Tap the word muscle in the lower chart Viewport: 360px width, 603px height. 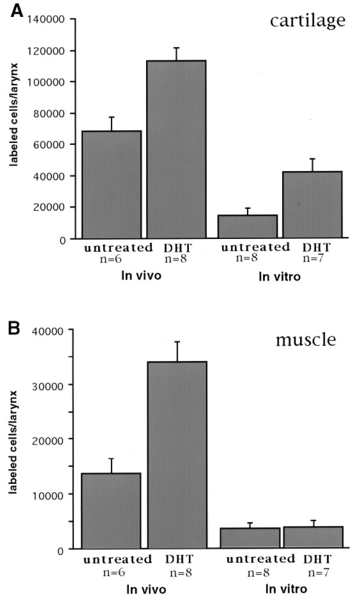click(306, 339)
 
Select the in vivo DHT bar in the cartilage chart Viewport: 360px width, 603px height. click(177, 149)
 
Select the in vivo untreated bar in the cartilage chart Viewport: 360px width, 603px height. click(111, 184)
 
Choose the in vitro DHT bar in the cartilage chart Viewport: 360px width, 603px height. click(313, 204)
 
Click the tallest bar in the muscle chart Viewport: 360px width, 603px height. click(177, 454)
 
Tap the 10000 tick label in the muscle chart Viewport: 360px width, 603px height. click(51, 494)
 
